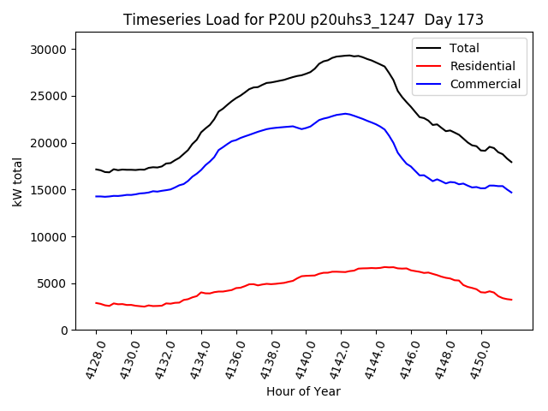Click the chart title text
pyautogui.click(x=303, y=20)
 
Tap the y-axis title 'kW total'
pyautogui.click(x=17, y=182)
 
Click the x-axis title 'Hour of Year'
pyautogui.click(x=303, y=391)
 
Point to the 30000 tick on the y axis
pyautogui.click(x=50, y=50)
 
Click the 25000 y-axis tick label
pyautogui.click(x=50, y=97)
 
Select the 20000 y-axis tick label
pyautogui.click(x=50, y=143)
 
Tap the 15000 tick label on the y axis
pyautogui.click(x=50, y=190)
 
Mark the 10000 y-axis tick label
pyautogui.click(x=50, y=236)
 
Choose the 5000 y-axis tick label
pyautogui.click(x=53, y=283)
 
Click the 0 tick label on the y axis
pyautogui.click(x=65, y=331)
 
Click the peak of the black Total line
pyautogui.click(x=349, y=56)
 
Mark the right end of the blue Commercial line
pyautogui.click(x=511, y=193)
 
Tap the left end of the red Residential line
pyautogui.click(x=96, y=302)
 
